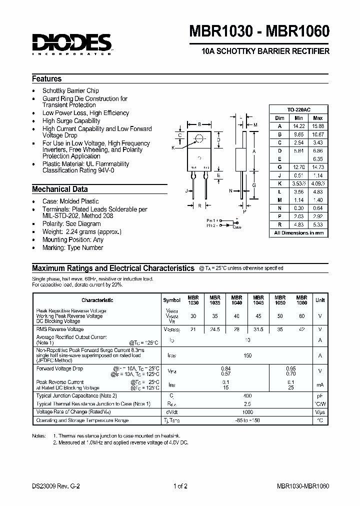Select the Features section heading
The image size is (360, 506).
47,79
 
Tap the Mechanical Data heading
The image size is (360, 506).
60,189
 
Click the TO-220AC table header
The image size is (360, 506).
299,109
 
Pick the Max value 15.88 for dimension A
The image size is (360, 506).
318,126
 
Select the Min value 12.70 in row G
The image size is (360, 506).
298,166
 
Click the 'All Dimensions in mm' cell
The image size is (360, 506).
299,233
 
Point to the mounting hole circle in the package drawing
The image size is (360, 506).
199,138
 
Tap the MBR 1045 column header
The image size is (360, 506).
258,300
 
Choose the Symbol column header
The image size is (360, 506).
171,300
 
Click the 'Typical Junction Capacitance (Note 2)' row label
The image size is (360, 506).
76,395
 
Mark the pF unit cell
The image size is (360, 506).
320,395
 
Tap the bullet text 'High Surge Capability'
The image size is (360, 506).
71,121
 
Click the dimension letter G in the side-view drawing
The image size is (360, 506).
254,185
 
